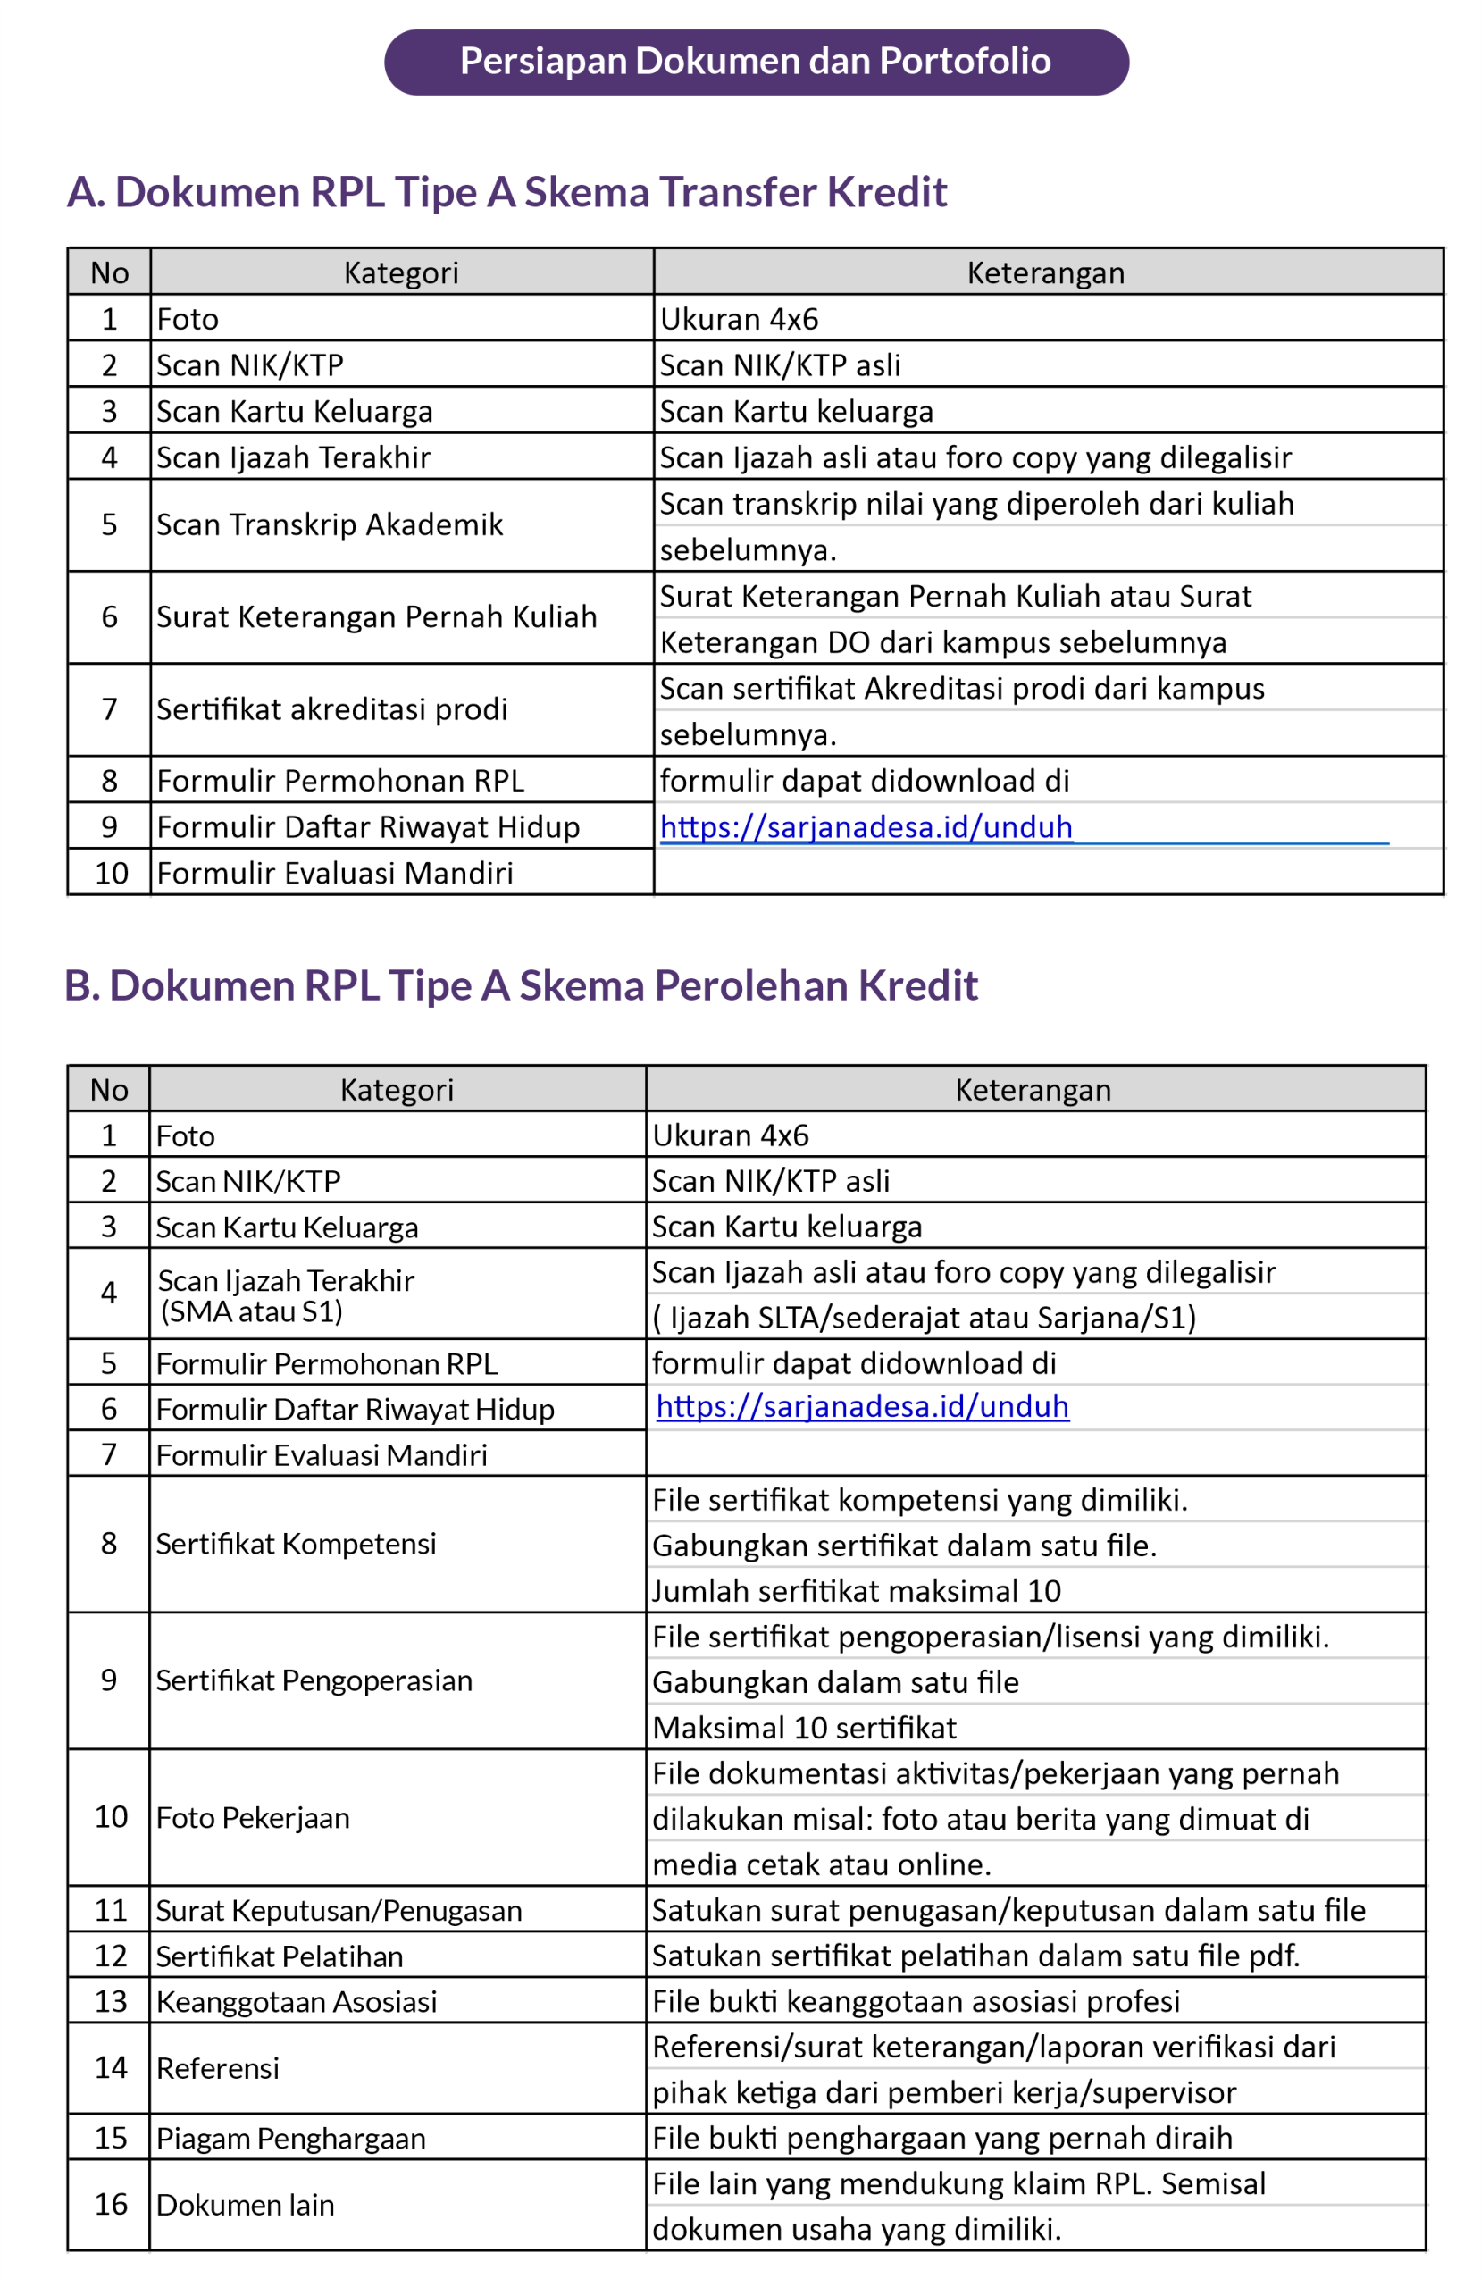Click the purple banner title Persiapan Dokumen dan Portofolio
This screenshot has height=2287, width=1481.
coord(756,62)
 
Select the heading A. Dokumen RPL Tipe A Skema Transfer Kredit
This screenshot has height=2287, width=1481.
coord(506,192)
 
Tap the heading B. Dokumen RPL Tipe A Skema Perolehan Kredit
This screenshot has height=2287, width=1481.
coord(521,986)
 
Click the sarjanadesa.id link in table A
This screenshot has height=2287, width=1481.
coord(865,827)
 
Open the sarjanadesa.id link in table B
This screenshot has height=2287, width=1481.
coord(861,1407)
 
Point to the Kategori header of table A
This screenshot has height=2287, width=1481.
coord(401,272)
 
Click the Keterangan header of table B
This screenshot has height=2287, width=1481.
coord(1033,1090)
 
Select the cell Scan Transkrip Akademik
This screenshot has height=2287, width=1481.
coord(329,524)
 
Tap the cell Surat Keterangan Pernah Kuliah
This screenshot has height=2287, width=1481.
coord(376,617)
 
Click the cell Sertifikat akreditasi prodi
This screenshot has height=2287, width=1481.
coord(331,709)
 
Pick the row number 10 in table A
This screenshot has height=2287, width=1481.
coord(111,874)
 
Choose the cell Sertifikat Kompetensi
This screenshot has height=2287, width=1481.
coord(295,1545)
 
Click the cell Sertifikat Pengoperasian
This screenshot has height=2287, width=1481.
coord(314,1680)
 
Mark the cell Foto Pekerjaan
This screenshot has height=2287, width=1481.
coord(252,1818)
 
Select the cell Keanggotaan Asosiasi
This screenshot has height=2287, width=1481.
coord(296,2002)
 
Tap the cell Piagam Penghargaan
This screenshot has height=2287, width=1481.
coord(290,2138)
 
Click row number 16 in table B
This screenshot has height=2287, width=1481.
coord(111,2204)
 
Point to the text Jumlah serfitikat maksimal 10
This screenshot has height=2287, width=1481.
coord(856,1591)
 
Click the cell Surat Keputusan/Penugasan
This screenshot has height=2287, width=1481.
coord(339,1910)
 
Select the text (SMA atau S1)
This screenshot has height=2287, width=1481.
coord(252,1311)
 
